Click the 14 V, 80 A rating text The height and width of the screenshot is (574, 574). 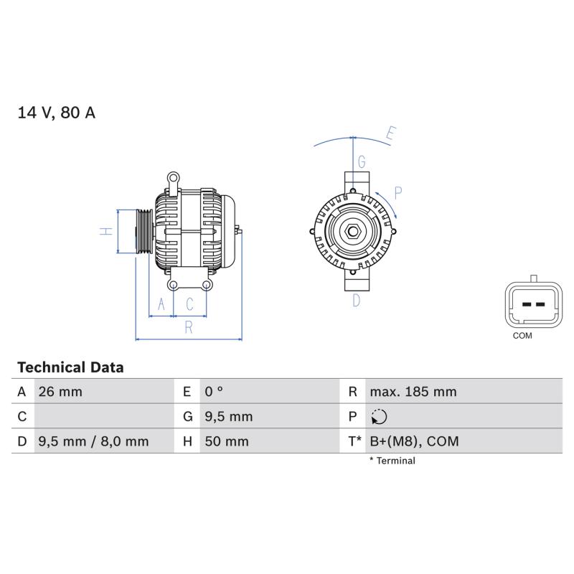[x=57, y=113]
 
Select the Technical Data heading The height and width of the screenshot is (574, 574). [x=70, y=367]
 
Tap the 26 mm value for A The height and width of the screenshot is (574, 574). [x=60, y=392]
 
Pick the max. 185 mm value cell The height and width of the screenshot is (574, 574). [x=413, y=392]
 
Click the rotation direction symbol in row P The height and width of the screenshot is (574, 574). [x=379, y=417]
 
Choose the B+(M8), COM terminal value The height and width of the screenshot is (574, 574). [x=414, y=441]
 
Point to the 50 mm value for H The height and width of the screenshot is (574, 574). [x=227, y=441]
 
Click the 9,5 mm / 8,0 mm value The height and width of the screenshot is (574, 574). [x=93, y=441]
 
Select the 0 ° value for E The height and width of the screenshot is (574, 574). [x=214, y=392]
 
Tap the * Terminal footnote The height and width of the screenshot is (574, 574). [x=392, y=461]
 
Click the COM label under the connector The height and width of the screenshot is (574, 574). [x=522, y=335]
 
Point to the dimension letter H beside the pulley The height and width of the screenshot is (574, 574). [x=106, y=231]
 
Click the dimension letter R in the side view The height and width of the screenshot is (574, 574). [x=189, y=327]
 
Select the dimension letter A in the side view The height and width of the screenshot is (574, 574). [x=161, y=304]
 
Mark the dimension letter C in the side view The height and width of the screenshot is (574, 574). [x=189, y=304]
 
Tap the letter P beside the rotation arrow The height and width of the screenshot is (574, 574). [x=398, y=193]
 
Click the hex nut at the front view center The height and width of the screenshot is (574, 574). [x=353, y=231]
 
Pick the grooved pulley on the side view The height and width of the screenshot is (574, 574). [x=145, y=231]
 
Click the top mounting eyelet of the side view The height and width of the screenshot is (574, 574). [x=173, y=178]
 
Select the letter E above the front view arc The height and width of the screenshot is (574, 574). [x=391, y=133]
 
